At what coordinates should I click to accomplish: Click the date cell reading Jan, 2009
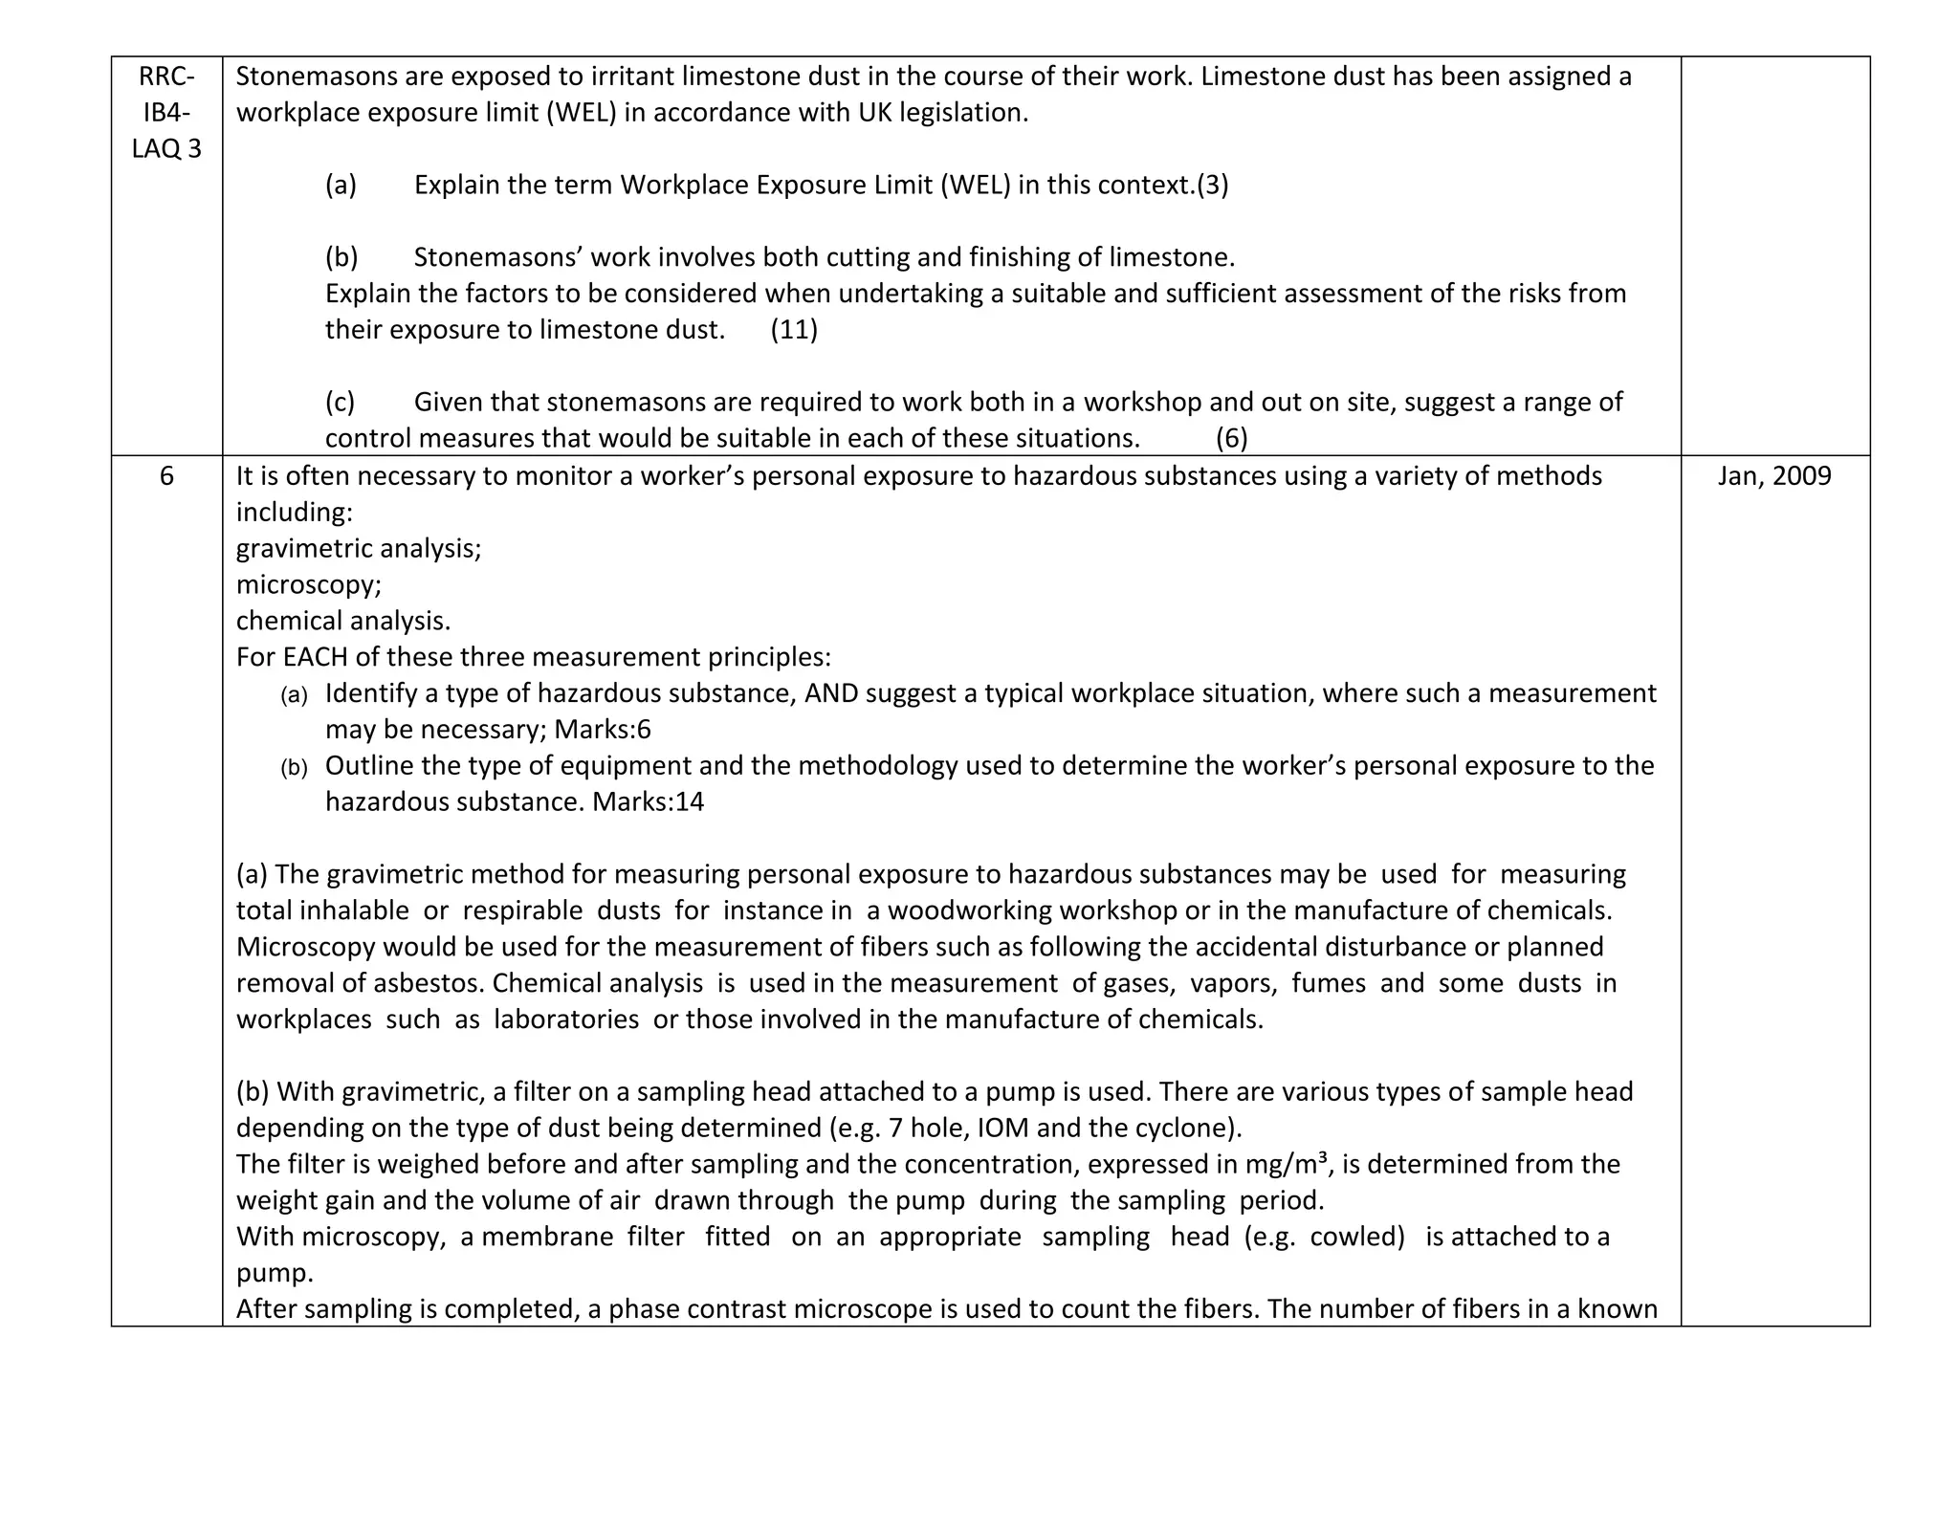[1774, 476]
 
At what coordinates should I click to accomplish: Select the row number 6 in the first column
[166, 476]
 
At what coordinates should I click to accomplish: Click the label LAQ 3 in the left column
[166, 149]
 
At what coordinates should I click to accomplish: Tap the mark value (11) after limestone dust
[794, 330]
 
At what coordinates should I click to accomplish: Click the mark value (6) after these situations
[1231, 439]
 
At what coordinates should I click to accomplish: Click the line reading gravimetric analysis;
[359, 549]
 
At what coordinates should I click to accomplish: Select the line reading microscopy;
[309, 585]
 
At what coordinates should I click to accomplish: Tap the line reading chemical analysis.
[343, 622]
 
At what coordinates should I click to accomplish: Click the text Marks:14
[649, 801]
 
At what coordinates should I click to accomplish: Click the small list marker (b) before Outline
[294, 768]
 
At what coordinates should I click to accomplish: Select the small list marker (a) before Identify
[294, 695]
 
